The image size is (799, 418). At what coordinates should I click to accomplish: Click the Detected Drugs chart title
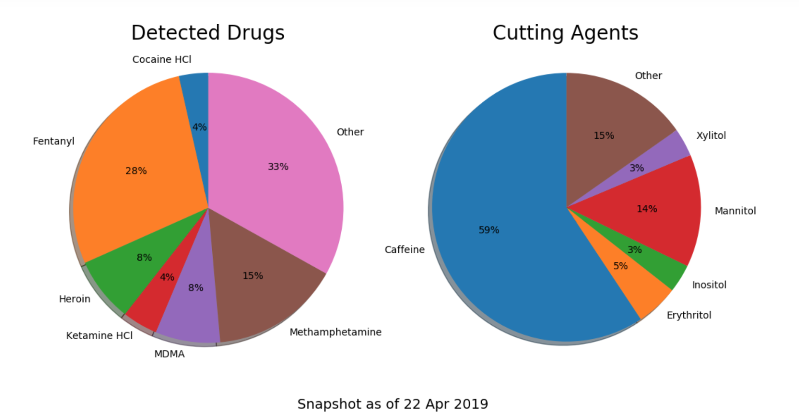208,33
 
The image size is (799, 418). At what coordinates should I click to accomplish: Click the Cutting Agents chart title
565,33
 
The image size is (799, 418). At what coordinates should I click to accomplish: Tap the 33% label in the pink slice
278,167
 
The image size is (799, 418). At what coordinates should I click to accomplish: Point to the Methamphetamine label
335,332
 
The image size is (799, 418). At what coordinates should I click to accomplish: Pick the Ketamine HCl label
99,336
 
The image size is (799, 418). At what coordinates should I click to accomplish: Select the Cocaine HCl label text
162,60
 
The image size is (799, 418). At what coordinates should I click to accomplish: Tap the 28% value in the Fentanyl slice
136,171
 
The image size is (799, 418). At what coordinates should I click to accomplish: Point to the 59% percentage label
489,230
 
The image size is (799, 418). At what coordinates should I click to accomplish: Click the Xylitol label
711,135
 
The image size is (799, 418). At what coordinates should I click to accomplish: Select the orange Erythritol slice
641,287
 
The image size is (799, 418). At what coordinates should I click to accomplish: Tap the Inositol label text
709,285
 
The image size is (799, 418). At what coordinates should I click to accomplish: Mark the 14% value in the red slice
647,209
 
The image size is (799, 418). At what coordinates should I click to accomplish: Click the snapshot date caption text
392,404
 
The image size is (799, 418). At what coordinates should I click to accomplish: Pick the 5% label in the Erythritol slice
620,266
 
